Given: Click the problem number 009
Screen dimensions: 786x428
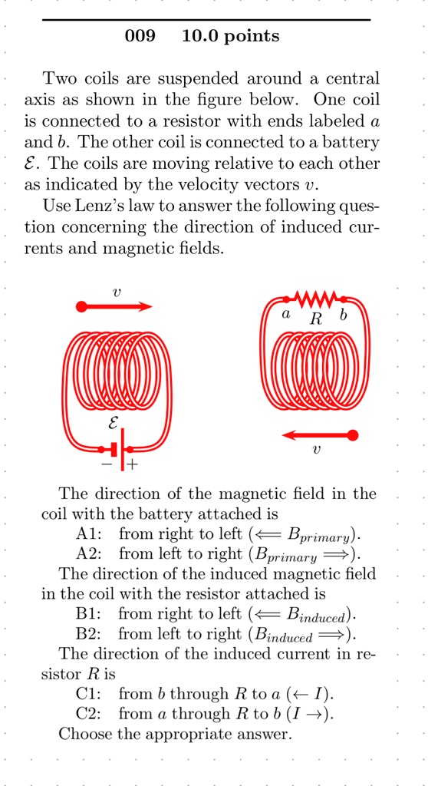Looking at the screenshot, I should tap(139, 36).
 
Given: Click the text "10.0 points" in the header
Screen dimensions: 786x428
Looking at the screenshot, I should tap(231, 36).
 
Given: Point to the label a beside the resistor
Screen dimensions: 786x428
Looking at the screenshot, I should tap(285, 314).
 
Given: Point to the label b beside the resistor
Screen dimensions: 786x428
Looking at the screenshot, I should tap(343, 314).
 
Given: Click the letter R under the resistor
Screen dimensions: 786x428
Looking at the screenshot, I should tap(315, 319).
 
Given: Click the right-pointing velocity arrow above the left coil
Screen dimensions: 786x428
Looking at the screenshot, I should tap(115, 306).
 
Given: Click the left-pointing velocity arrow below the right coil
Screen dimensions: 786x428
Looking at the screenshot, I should tap(319, 435).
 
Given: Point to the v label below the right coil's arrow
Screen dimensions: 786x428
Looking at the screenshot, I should tap(316, 451).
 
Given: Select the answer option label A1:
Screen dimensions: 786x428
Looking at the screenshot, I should tap(91, 533).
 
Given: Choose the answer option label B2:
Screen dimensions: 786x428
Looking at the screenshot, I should tap(91, 634).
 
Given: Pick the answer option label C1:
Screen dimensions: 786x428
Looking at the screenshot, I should tap(91, 695).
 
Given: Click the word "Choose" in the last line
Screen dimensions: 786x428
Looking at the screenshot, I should tap(87, 735).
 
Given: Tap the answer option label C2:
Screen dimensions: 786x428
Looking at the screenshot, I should tap(91, 715).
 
